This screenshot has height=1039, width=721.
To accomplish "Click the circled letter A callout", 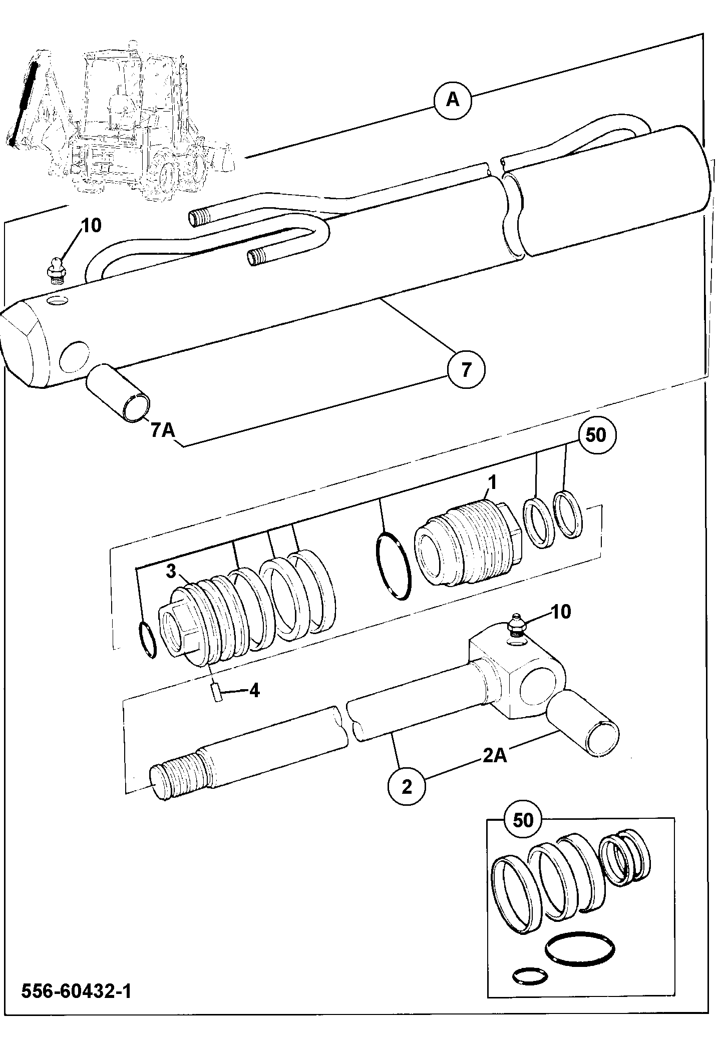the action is pos(453,100).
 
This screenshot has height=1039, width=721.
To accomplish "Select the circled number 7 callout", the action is pos(466,370).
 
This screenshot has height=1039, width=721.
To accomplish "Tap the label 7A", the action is pos(163,429).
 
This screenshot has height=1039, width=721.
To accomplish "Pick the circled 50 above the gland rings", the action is pos(595,435).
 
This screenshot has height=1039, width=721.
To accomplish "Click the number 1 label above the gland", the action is pos(492,483).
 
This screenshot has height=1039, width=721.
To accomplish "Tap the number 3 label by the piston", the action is pos(171,572).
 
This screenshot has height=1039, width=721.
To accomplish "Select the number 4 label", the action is pos(254,691).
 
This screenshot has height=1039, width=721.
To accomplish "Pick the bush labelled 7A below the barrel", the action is pos(119,392).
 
